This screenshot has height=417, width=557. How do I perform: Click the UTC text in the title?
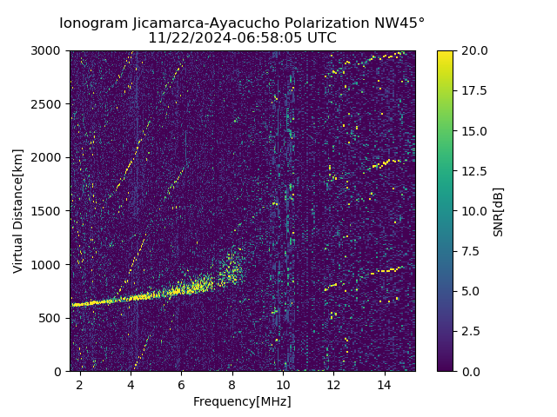pos(320,38)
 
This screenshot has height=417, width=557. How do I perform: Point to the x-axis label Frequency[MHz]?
pos(242,401)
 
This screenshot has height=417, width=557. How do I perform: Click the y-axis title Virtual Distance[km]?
pos(18,211)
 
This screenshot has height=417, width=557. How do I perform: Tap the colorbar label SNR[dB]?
pos(498,211)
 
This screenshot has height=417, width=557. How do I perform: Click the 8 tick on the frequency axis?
pos(232,384)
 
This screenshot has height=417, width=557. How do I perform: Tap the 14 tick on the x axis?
pos(384,384)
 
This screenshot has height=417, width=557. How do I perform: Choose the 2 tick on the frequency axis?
pos(80,384)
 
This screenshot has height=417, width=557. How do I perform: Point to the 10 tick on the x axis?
pos(283,384)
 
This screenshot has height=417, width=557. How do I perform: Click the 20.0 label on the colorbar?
pos(473,50)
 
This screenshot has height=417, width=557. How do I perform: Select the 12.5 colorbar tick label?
pos(473,171)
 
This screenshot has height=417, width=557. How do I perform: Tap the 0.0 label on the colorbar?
pos(471,371)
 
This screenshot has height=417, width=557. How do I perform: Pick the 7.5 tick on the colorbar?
pos(471,251)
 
